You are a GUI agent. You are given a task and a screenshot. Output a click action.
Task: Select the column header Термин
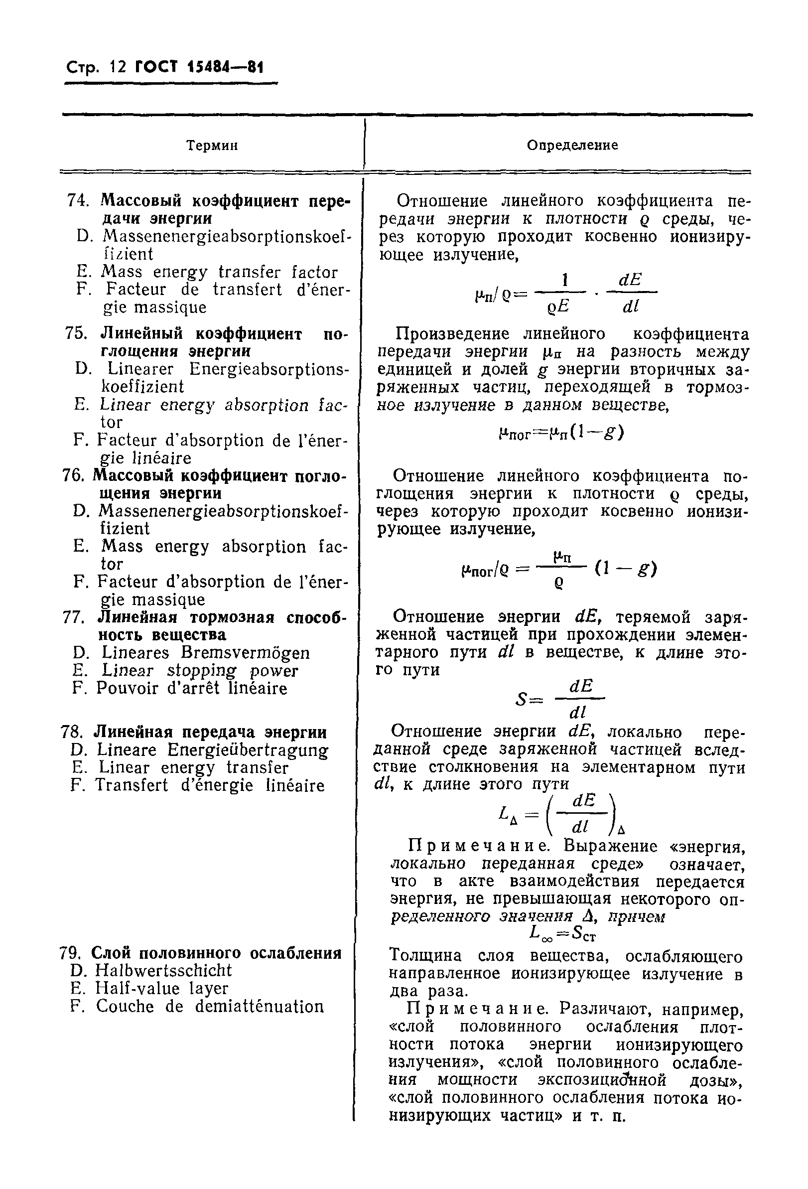pos(212,146)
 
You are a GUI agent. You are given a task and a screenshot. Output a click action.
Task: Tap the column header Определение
pos(572,146)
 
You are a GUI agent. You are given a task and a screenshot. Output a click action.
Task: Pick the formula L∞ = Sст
pos(563,934)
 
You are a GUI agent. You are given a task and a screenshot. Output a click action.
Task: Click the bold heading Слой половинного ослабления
pos(216,953)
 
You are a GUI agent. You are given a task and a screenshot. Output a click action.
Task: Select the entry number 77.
pos(74,617)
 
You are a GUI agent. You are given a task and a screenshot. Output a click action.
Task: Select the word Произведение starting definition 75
pos(449,334)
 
